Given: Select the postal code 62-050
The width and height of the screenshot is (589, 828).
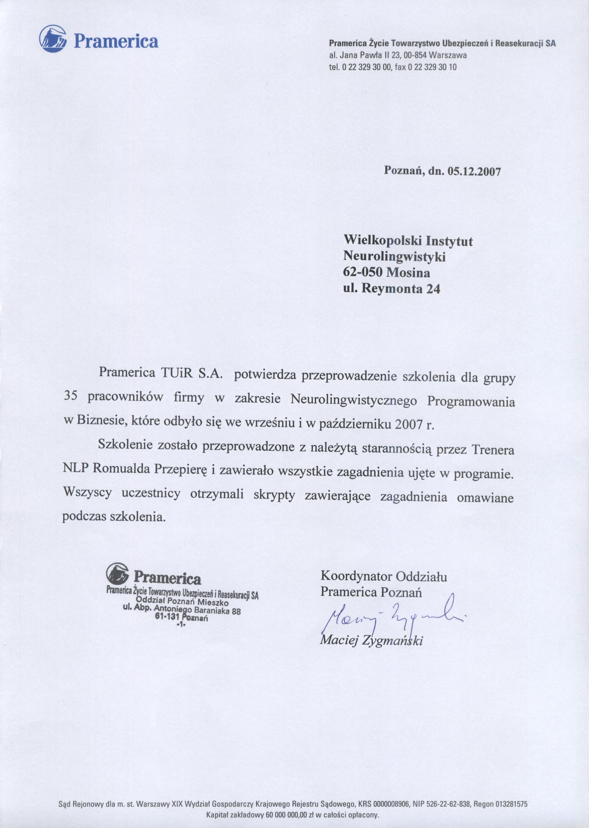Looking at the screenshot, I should click(362, 273).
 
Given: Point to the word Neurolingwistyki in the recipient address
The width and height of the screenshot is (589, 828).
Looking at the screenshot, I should click(394, 257).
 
